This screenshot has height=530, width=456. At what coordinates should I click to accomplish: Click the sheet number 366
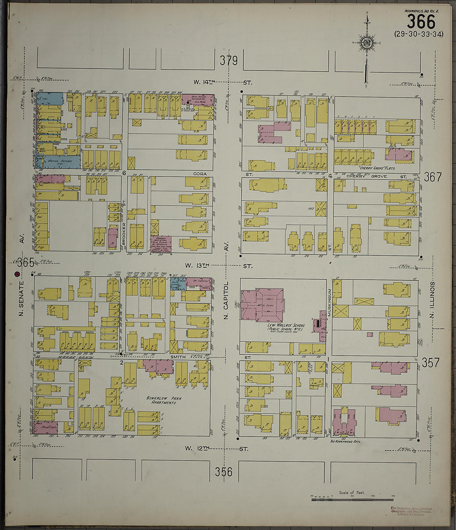[421, 22]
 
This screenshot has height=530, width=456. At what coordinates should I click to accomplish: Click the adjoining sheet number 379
[229, 61]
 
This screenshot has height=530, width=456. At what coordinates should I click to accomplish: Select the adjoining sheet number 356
[224, 472]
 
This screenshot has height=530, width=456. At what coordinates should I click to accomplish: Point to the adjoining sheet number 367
[433, 177]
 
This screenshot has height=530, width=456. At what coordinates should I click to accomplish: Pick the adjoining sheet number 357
[430, 363]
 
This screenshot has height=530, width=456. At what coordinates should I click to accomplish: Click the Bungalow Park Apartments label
[162, 400]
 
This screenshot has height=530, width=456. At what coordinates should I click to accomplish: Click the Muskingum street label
[329, 303]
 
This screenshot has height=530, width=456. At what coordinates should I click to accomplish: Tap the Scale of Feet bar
[352, 499]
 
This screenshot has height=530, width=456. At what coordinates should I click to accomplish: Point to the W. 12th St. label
[216, 449]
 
